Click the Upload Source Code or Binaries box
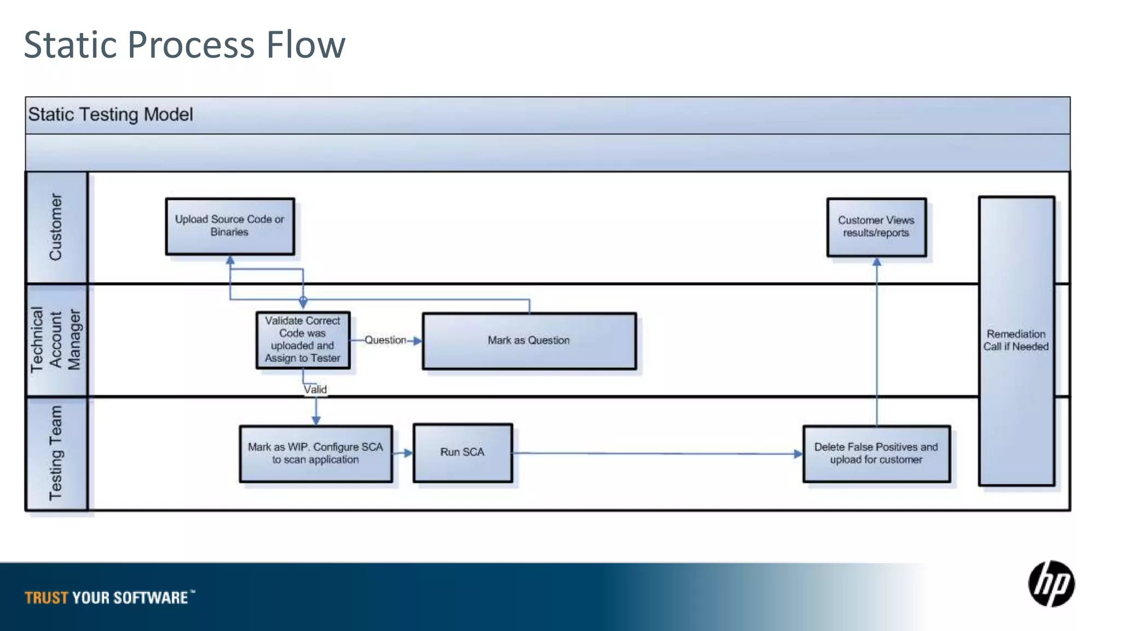(x=230, y=226)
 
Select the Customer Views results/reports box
(x=876, y=227)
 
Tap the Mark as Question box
(x=529, y=341)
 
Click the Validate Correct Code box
(x=303, y=340)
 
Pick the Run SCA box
(x=463, y=452)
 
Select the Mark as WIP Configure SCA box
(x=316, y=454)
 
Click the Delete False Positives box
(x=876, y=454)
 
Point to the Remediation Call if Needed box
(x=1016, y=341)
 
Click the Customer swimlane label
(x=56, y=227)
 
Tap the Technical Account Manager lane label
(x=56, y=340)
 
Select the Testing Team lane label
(x=56, y=453)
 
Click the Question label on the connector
(x=385, y=340)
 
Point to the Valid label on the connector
(x=315, y=389)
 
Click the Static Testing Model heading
(x=111, y=114)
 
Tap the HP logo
(x=1051, y=584)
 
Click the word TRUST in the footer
(x=47, y=598)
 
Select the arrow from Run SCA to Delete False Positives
(x=657, y=454)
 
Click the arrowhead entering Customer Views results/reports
(x=877, y=262)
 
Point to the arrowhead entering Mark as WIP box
(x=316, y=420)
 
